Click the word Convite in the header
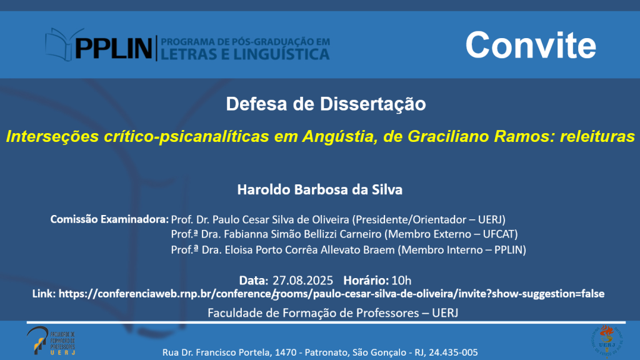coord(531,45)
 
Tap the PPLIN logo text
coord(114,48)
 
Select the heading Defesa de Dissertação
coord(326,104)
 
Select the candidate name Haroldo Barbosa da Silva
coord(320,189)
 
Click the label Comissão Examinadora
coord(109,219)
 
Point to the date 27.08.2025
coord(302,281)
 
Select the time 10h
coord(401,281)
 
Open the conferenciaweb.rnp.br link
coord(331,294)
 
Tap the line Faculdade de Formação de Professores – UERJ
coord(332,313)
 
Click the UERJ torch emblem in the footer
coord(607,339)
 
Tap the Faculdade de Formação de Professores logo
coord(51,341)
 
